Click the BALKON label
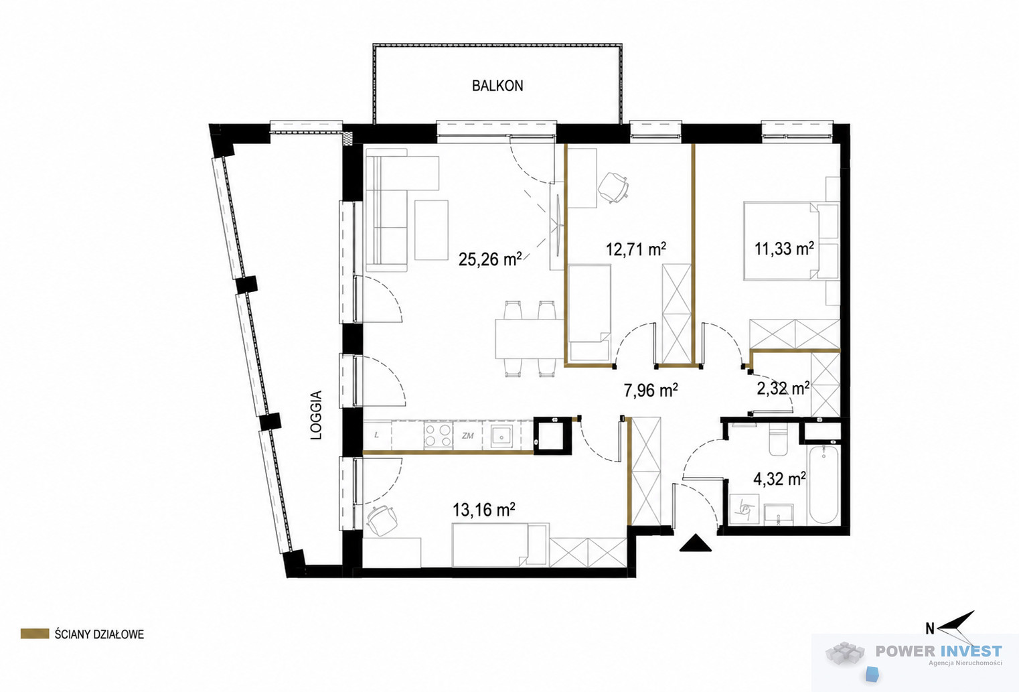click(497, 86)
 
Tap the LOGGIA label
click(316, 415)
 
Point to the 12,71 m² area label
click(636, 249)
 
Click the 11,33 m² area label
click(784, 249)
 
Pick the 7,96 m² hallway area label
click(651, 390)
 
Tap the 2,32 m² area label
click(783, 389)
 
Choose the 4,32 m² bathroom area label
click(780, 479)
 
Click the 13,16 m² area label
click(483, 510)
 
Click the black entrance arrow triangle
click(695, 543)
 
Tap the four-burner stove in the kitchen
click(438, 435)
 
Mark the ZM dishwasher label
click(467, 435)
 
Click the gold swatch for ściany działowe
click(35, 634)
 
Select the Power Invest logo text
click(939, 651)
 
